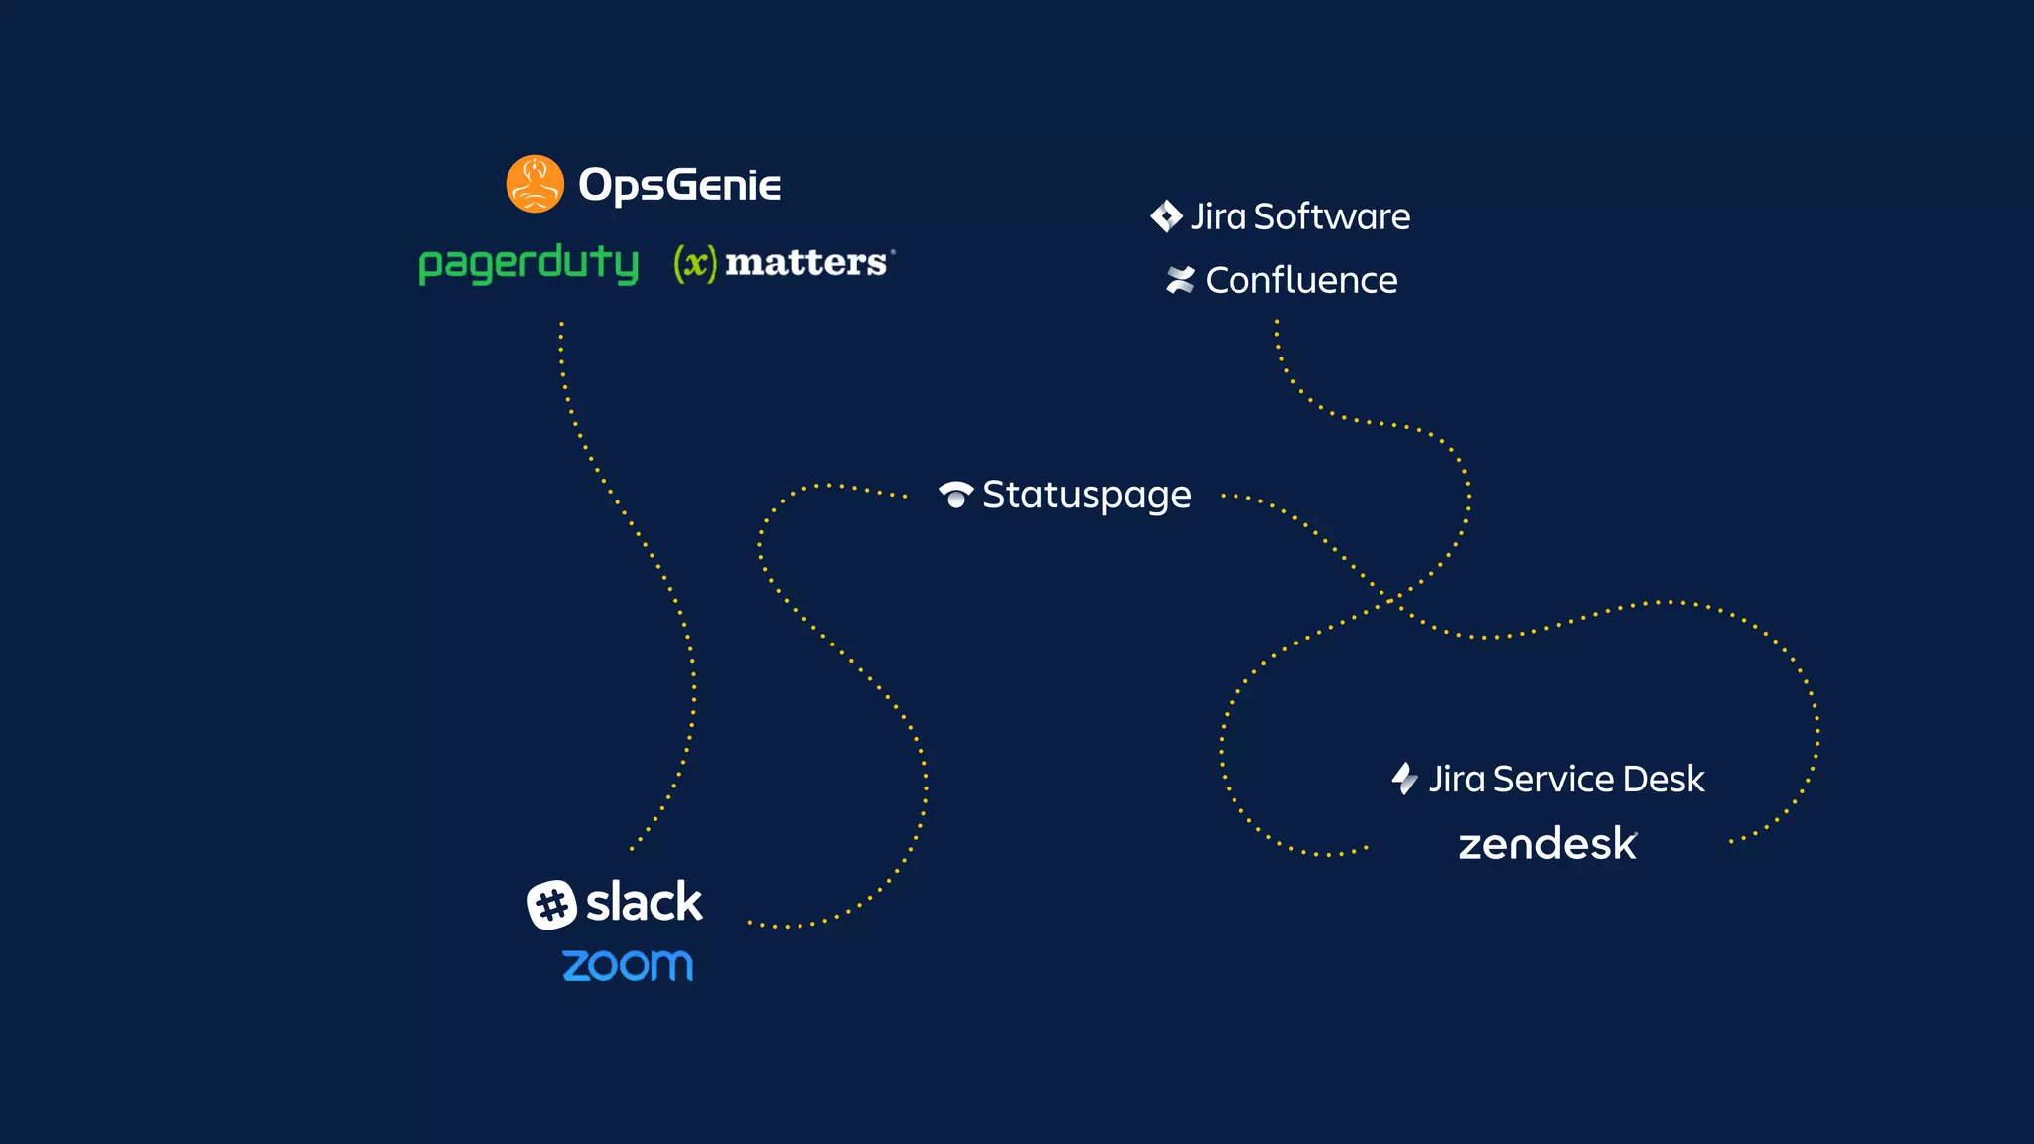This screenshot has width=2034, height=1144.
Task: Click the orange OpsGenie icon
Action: coord(534,184)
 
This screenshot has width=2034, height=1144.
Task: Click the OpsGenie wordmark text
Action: coord(679,185)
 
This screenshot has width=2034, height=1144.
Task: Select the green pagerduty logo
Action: coord(528,264)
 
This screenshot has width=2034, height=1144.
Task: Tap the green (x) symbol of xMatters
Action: coord(695,263)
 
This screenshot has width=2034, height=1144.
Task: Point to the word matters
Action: coord(805,263)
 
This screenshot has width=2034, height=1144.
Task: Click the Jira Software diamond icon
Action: coord(1166,216)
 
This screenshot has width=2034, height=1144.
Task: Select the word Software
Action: coord(1332,216)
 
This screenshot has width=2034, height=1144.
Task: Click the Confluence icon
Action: coord(1180,281)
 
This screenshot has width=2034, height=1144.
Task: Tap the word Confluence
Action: coord(1301,281)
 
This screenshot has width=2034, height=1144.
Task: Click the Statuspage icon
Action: coord(955,495)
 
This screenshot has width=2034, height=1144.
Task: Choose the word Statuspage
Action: coord(1087,496)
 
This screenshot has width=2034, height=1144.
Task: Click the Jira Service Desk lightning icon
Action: coord(1404,779)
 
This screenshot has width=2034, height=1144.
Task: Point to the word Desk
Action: coord(1664,780)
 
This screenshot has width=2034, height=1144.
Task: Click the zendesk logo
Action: coord(1546,844)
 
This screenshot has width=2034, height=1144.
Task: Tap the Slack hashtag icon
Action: coord(552,905)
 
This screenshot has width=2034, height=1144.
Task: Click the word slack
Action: coord(644,902)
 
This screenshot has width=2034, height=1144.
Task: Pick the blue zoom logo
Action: coord(628,965)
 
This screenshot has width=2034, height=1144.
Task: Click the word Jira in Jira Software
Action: coord(1219,216)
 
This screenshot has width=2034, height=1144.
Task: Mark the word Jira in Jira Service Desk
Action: coord(1457,780)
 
